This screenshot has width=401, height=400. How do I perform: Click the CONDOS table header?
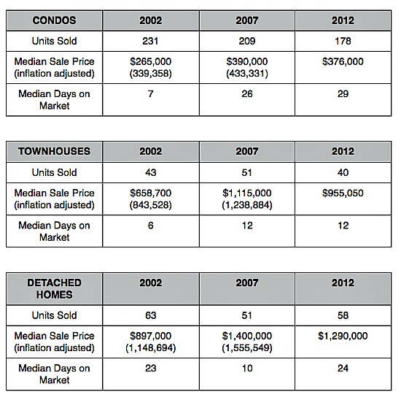(54, 20)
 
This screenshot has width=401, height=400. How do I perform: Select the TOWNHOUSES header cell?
(54, 151)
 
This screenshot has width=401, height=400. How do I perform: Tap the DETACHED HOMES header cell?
(54, 288)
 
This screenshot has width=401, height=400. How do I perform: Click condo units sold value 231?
(150, 41)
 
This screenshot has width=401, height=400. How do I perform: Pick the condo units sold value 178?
(343, 41)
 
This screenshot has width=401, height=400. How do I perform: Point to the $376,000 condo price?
(343, 61)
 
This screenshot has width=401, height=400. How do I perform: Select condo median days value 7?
(150, 93)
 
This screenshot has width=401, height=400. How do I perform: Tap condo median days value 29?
(343, 93)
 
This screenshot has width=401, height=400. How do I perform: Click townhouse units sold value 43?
(150, 172)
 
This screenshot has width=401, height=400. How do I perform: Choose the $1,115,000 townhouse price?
(246, 193)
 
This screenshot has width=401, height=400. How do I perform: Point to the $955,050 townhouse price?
(343, 193)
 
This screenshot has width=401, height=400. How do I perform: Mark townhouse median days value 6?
(150, 226)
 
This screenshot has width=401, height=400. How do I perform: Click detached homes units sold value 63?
(150, 315)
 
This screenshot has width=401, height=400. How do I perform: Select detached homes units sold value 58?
(343, 315)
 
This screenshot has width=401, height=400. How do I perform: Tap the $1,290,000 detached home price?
(343, 336)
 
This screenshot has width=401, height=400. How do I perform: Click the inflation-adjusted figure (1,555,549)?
(246, 347)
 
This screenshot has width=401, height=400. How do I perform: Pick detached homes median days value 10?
(247, 368)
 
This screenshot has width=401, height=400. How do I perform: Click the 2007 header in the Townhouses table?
(246, 151)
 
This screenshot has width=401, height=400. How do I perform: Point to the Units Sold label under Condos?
(54, 41)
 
